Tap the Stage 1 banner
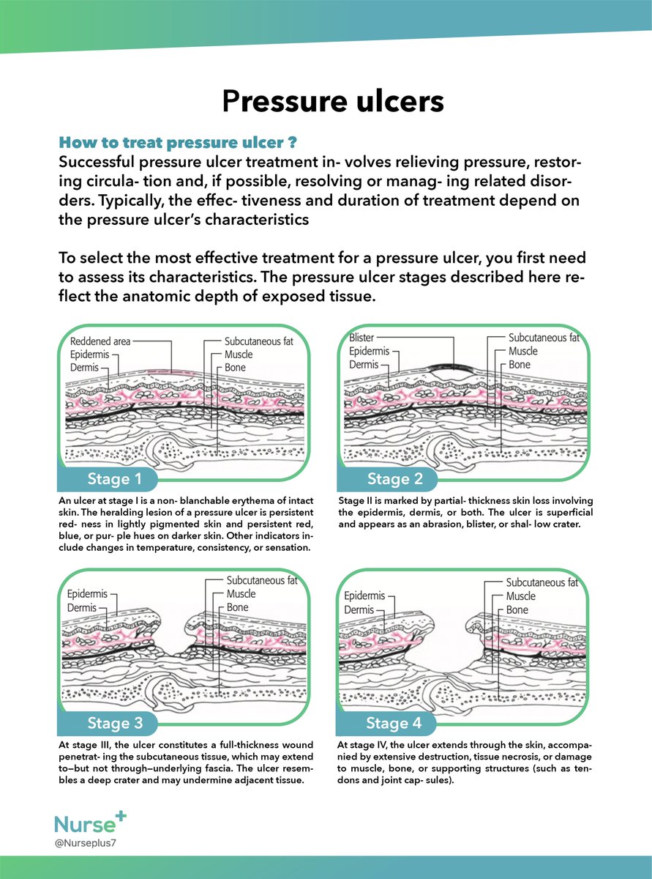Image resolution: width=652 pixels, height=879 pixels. [115, 480]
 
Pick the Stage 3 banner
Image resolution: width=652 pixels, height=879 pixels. [115, 724]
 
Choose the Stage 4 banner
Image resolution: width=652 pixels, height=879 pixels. [394, 724]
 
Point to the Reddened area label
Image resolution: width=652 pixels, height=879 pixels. [100, 341]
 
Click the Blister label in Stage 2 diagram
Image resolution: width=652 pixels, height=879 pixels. [361, 338]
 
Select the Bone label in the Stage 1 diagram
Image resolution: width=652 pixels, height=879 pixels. [236, 367]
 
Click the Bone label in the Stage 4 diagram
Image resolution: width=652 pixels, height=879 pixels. [517, 609]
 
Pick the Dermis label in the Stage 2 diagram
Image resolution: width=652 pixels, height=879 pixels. [364, 364]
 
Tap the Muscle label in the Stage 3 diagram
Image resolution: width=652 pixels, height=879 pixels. [241, 594]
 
